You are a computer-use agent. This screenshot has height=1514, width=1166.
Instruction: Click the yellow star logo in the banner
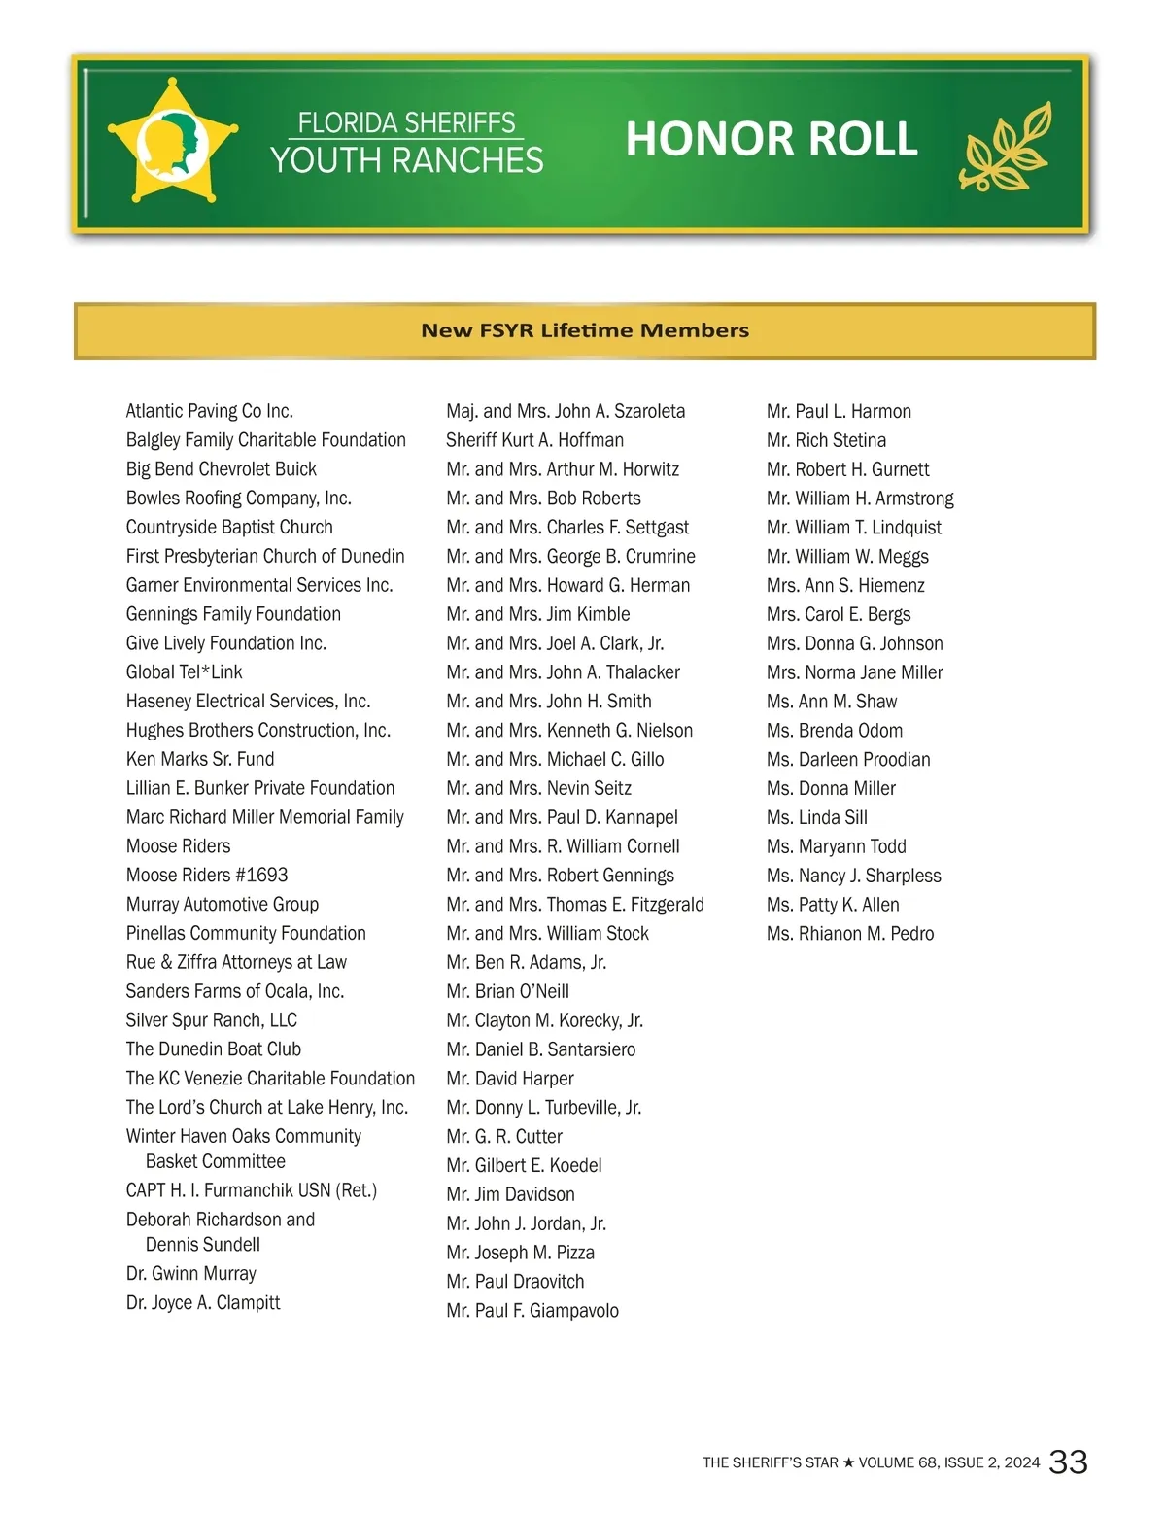(172, 143)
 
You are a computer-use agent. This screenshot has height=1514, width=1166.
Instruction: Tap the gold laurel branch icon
(1007, 145)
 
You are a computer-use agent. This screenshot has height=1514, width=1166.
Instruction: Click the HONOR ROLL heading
(771, 139)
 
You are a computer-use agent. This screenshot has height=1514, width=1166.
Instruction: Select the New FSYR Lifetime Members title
(585, 330)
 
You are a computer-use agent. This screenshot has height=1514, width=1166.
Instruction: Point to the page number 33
(1069, 1462)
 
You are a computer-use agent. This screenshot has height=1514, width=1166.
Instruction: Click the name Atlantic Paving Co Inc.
(210, 411)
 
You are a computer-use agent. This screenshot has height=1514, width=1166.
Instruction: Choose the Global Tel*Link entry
(185, 672)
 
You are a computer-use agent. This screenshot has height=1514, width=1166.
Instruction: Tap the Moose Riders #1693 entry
(207, 876)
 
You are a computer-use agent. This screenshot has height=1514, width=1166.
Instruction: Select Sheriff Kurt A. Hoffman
(535, 440)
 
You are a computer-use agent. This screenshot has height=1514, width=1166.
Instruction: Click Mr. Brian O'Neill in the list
(508, 991)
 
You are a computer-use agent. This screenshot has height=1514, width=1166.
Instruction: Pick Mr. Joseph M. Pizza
(521, 1253)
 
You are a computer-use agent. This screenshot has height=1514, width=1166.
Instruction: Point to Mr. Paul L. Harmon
(839, 411)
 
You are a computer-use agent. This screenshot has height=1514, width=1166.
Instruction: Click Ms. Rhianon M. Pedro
(850, 934)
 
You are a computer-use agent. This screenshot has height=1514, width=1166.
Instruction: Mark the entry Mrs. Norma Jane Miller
(855, 672)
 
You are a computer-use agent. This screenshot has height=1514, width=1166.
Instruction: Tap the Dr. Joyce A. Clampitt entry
(203, 1303)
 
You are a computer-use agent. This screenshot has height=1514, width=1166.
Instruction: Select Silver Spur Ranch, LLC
(212, 1020)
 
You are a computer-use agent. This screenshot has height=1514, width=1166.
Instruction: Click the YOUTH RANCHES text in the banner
(407, 160)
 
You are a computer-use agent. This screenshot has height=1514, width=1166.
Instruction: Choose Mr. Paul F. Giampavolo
(532, 1311)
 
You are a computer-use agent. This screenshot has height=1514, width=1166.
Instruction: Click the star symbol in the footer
(848, 1462)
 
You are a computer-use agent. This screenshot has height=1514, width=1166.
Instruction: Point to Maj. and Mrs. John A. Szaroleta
(566, 411)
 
